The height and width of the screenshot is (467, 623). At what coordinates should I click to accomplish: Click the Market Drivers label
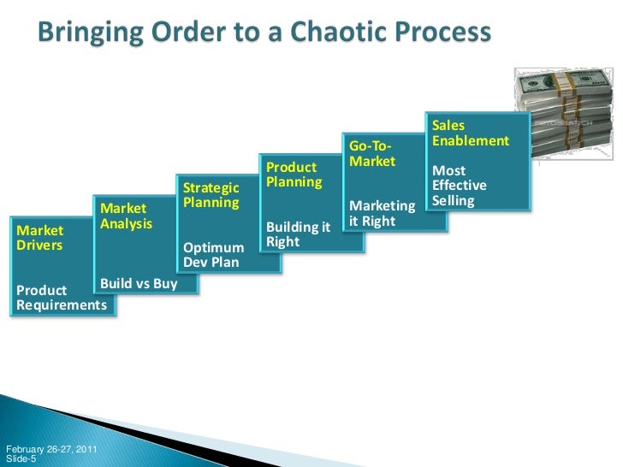(x=39, y=238)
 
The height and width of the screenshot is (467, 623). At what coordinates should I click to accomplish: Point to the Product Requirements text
(x=61, y=298)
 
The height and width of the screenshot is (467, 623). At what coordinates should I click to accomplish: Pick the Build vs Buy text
(x=139, y=283)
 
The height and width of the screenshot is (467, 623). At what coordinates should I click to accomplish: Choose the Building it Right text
(x=298, y=234)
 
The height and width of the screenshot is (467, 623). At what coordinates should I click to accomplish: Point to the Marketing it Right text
(x=382, y=214)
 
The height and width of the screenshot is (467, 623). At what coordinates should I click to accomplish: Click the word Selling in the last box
(x=454, y=201)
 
